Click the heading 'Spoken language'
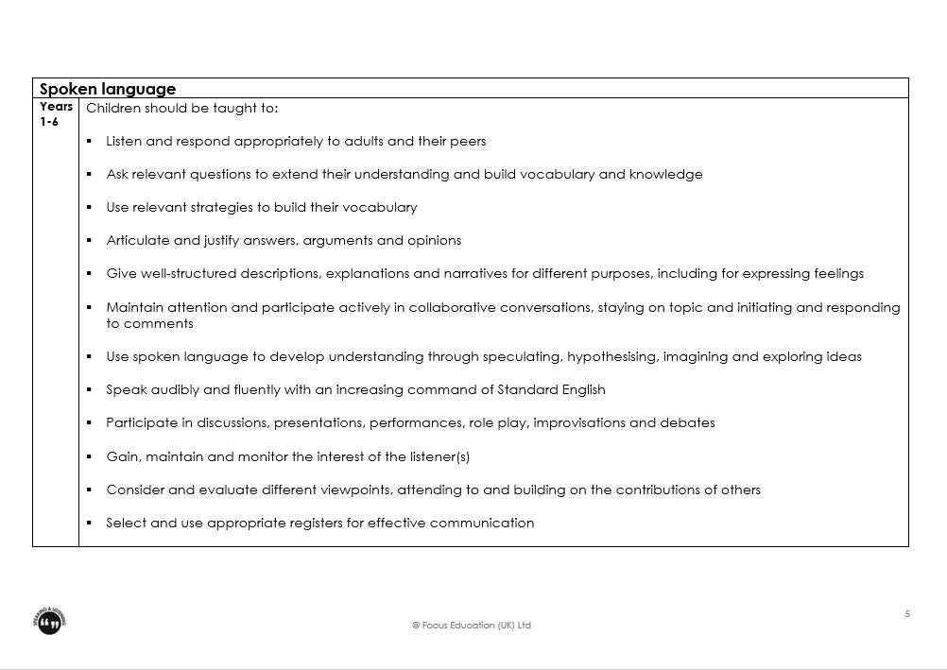[108, 89]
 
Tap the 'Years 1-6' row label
[56, 114]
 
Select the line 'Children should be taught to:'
[182, 109]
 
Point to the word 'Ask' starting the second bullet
[117, 175]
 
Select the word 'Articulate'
[138, 241]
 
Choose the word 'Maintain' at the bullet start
[134, 307]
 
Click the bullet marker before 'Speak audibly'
[88, 390]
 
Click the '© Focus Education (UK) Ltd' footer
[472, 626]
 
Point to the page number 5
[907, 614]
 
